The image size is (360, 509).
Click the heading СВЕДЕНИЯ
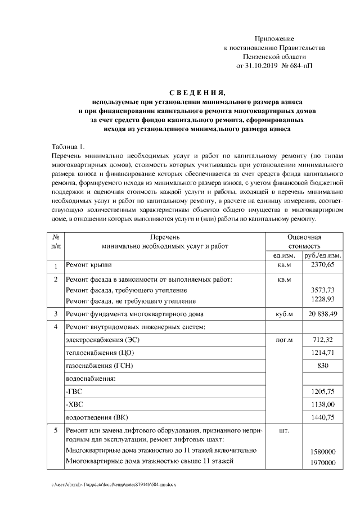click(x=197, y=93)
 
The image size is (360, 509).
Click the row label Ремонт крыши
click(x=89, y=264)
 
